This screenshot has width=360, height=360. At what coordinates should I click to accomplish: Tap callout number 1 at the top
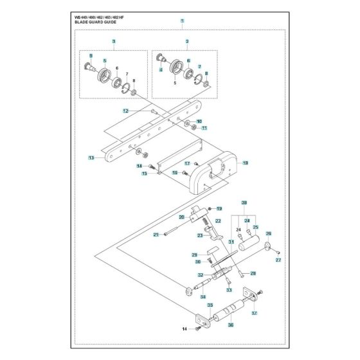(x=182, y=21)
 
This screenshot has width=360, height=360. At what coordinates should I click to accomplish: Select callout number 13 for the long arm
(x=91, y=157)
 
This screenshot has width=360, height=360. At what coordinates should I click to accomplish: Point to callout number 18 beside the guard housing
(x=245, y=164)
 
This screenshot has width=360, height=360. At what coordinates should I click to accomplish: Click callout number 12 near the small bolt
(x=126, y=111)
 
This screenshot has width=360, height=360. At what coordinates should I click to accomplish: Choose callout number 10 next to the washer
(x=199, y=121)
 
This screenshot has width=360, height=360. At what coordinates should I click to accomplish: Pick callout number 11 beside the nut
(x=204, y=129)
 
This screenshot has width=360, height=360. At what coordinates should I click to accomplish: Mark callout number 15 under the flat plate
(x=145, y=174)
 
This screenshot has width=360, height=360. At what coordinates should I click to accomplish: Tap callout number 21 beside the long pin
(x=156, y=235)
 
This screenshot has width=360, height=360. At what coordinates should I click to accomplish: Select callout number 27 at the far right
(x=278, y=260)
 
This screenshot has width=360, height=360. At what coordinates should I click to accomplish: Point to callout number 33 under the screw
(x=228, y=290)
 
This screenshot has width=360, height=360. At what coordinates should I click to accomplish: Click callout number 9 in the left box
(x=91, y=55)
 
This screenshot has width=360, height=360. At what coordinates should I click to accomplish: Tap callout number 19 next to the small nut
(x=219, y=209)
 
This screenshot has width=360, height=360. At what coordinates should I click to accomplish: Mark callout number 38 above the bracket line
(x=244, y=203)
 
